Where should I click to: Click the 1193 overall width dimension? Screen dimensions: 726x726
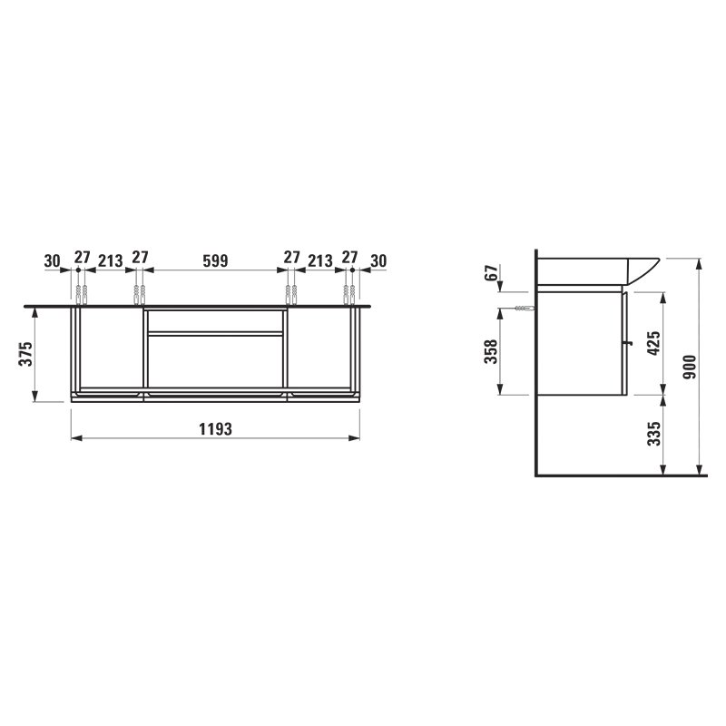click(215, 429)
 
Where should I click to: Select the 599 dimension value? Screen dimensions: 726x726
click(215, 260)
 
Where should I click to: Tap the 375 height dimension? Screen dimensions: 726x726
click(26, 354)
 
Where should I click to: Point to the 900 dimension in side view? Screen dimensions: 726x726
click(690, 367)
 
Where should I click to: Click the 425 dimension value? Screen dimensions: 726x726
click(653, 343)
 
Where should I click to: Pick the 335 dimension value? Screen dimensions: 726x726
click(653, 434)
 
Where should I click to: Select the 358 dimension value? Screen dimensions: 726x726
click(490, 351)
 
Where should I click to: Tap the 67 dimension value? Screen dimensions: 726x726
click(492, 273)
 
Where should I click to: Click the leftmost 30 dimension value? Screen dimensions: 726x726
click(53, 261)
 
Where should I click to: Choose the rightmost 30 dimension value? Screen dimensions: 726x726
click(378, 261)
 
